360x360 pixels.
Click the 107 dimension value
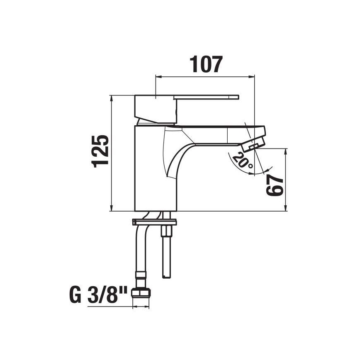[x=206, y=65]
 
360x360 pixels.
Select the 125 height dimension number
[x=102, y=151]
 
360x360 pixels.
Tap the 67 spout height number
[x=275, y=185]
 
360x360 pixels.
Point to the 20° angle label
[x=243, y=161]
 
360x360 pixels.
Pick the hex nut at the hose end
[x=140, y=294]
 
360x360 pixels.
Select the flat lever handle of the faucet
[x=207, y=97]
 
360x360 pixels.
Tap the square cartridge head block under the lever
[x=156, y=109]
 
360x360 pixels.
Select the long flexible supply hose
[x=140, y=253]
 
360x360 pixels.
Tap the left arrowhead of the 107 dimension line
[x=158, y=76]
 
